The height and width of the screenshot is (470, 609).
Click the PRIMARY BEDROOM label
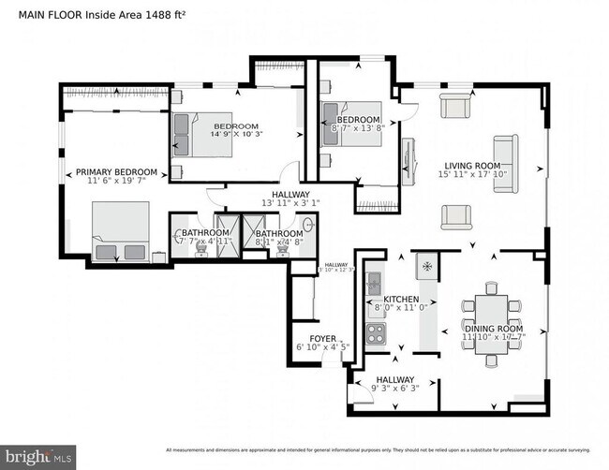115,171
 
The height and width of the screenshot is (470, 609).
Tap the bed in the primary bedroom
120,231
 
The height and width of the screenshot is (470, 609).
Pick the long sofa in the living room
505,164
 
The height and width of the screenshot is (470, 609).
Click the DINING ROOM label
493,329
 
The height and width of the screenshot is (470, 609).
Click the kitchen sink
374,283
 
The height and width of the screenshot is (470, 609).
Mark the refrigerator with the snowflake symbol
427,266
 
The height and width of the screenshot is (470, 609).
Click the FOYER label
322,338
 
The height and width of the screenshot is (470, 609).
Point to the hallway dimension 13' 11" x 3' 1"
264,203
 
